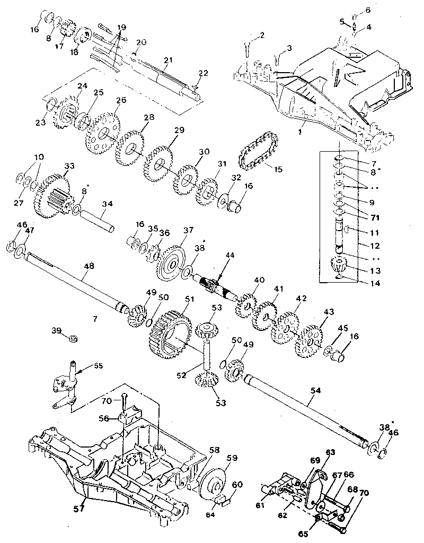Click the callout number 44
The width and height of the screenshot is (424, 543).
pos(229,256)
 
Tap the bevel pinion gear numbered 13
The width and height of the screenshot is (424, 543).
pos(337,264)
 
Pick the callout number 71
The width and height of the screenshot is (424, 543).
pos(360,216)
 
